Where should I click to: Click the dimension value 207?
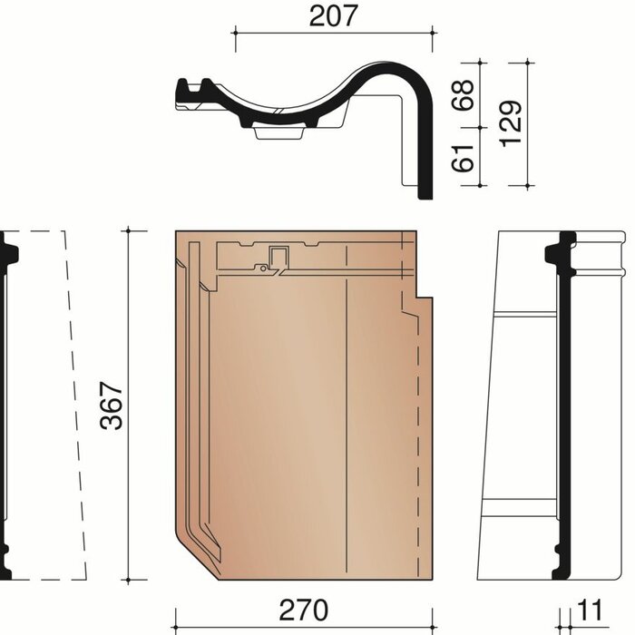[x=333, y=16]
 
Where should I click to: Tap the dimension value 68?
[x=464, y=95]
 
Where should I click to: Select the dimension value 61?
[x=463, y=158]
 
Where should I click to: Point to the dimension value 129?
[x=510, y=123]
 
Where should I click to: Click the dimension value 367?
[x=112, y=405]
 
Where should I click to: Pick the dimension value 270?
[x=304, y=611]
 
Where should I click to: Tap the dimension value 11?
[x=590, y=611]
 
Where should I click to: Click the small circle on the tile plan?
[x=263, y=269]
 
